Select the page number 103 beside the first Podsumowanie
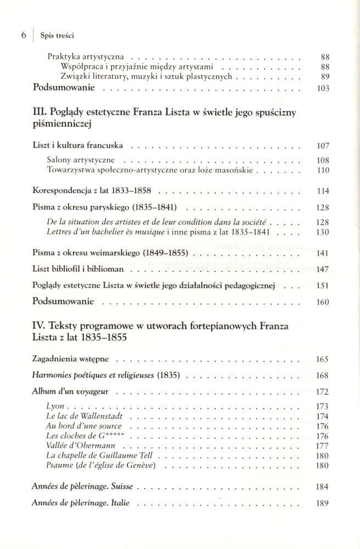click(x=323, y=88)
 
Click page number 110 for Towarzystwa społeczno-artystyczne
click(x=323, y=171)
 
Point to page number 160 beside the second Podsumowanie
click(x=323, y=302)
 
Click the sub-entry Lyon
click(x=55, y=407)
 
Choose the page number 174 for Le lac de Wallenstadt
click(x=323, y=417)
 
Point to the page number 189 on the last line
click(x=323, y=503)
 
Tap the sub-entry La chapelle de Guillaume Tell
click(x=95, y=456)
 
